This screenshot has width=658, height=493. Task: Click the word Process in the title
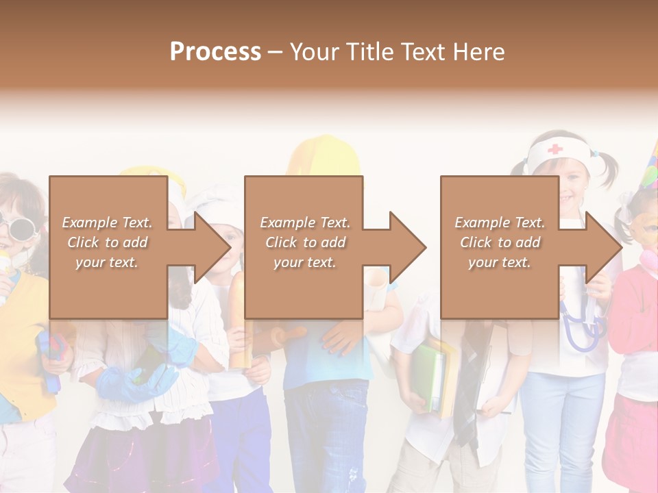[215, 52]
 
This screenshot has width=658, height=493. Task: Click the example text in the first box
[108, 242]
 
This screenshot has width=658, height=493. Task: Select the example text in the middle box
[305, 242]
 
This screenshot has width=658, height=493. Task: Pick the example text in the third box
[500, 242]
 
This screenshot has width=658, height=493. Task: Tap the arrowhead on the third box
[602, 247]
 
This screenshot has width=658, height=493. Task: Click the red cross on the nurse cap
[555, 149]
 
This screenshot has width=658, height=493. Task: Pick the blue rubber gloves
[134, 380]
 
